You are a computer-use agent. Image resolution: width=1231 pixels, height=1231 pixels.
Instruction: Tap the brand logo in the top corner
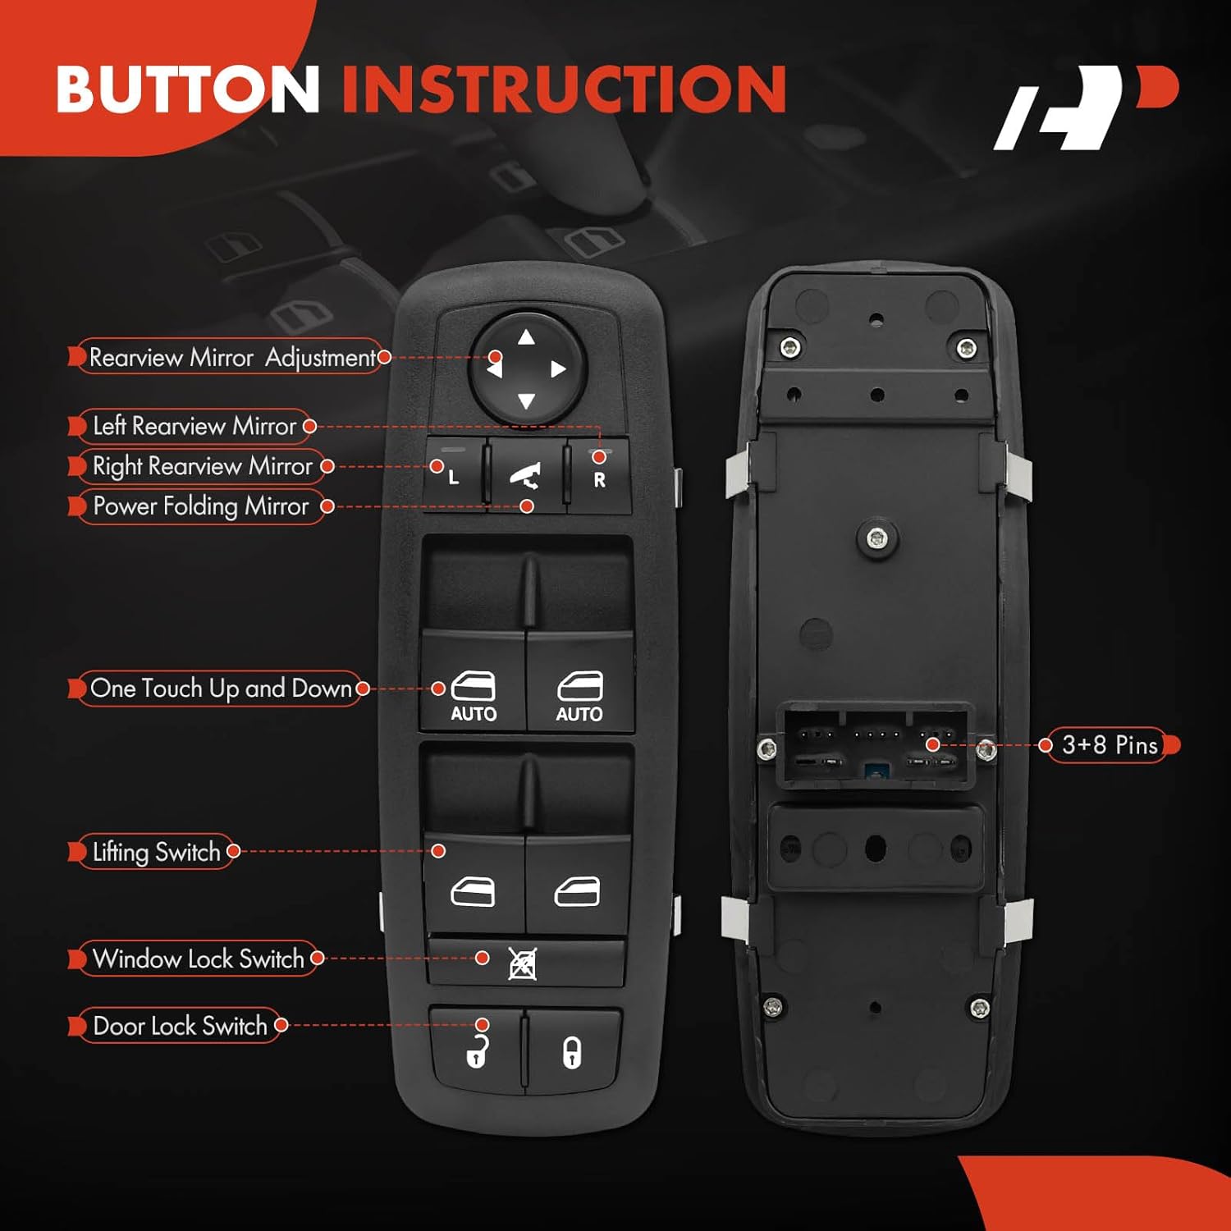pyautogui.click(x=1083, y=108)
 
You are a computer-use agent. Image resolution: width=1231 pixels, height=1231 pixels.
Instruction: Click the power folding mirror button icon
pyautogui.click(x=525, y=476)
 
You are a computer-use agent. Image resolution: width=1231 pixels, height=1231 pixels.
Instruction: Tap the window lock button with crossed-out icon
pyautogui.click(x=523, y=963)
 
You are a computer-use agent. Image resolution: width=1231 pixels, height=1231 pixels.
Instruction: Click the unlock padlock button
pyautogui.click(x=477, y=1051)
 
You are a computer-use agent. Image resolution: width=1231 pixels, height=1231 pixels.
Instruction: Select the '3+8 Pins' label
pyautogui.click(x=1109, y=745)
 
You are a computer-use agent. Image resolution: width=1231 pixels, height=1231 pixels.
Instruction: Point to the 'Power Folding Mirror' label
pyautogui.click(x=200, y=506)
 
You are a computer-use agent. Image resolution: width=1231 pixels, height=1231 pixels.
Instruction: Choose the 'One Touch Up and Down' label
pyautogui.click(x=220, y=689)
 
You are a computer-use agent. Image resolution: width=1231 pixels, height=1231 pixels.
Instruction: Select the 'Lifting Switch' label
pyautogui.click(x=156, y=852)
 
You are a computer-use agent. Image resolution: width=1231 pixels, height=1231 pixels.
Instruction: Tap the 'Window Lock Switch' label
pyautogui.click(x=198, y=959)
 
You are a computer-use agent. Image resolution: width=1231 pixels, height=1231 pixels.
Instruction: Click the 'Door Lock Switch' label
pyautogui.click(x=180, y=1026)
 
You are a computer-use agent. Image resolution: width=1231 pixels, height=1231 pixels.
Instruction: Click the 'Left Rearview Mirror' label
pyautogui.click(x=194, y=426)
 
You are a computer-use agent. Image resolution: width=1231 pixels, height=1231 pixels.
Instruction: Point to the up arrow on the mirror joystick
pyautogui.click(x=527, y=337)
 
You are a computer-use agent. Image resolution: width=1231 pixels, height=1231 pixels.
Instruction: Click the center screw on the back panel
pyautogui.click(x=877, y=538)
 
